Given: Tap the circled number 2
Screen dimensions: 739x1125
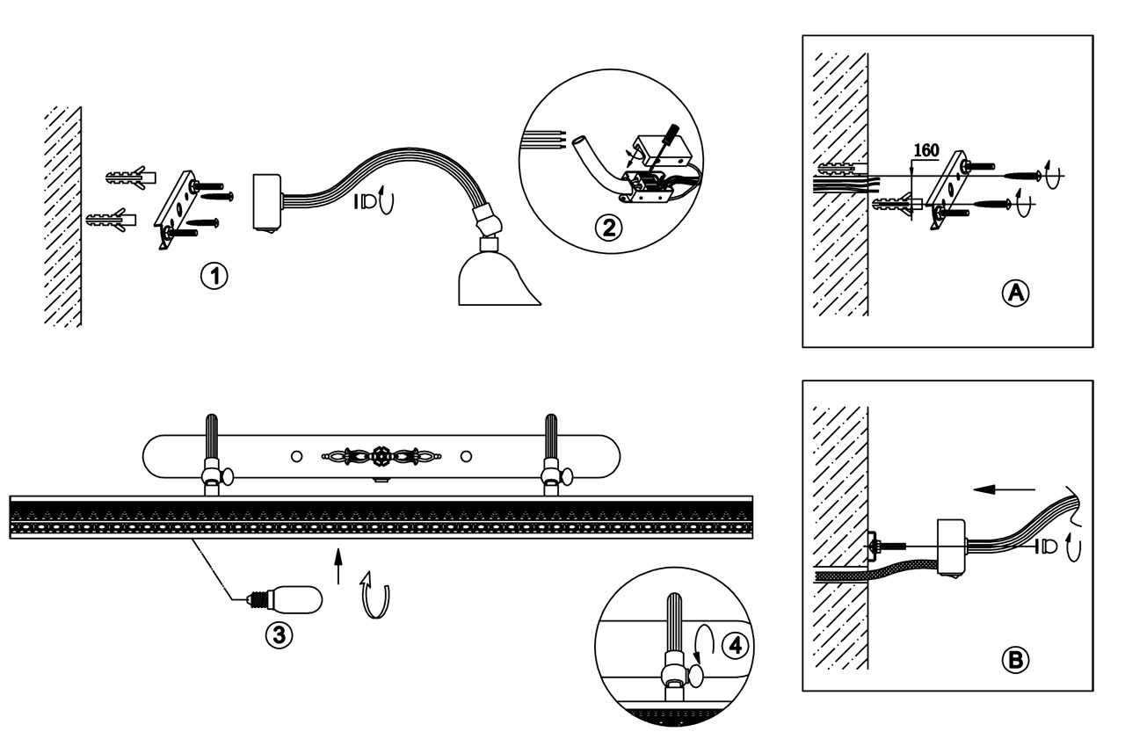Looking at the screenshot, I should pos(607,228).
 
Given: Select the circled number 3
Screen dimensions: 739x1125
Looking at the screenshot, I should pos(279,634).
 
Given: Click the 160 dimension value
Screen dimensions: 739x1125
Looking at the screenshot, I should pos(926,150).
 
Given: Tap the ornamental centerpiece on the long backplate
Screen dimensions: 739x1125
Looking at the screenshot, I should pos(380,456).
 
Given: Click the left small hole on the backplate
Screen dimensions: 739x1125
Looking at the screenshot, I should pos(296,456).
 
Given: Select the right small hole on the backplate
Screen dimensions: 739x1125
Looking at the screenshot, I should pos(466,456).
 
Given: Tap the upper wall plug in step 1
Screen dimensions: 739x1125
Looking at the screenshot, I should pos(130,178).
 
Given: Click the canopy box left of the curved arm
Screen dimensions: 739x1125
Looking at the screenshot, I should pos(265,201).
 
